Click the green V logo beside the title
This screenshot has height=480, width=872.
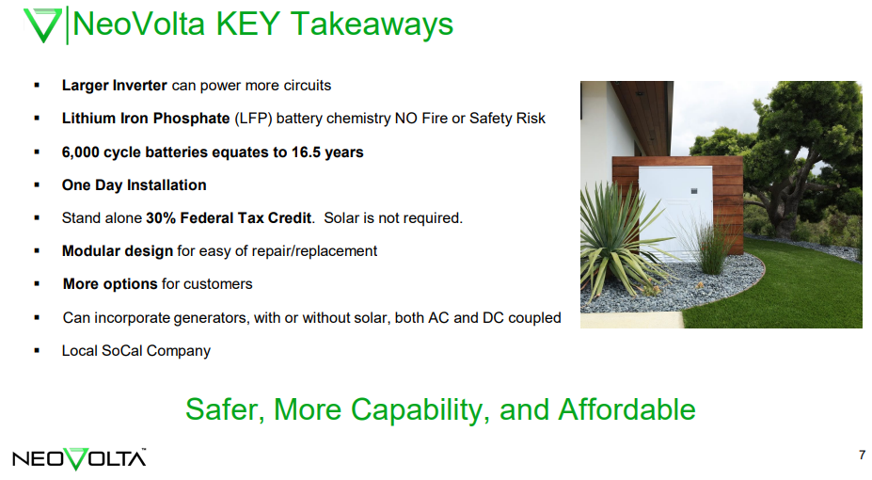42,25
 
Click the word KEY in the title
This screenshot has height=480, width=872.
247,24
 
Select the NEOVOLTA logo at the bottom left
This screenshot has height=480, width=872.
79,459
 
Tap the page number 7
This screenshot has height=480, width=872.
862,455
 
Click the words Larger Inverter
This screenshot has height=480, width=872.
114,85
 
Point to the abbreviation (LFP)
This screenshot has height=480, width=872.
253,119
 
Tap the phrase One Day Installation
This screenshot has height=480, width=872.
134,185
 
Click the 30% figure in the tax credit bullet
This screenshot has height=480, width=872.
161,218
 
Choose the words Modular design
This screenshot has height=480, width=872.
118,251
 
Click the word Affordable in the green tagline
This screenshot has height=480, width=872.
626,409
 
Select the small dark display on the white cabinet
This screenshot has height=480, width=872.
694,191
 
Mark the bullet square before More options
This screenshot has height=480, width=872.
37,283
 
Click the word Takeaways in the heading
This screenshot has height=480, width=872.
373,25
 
